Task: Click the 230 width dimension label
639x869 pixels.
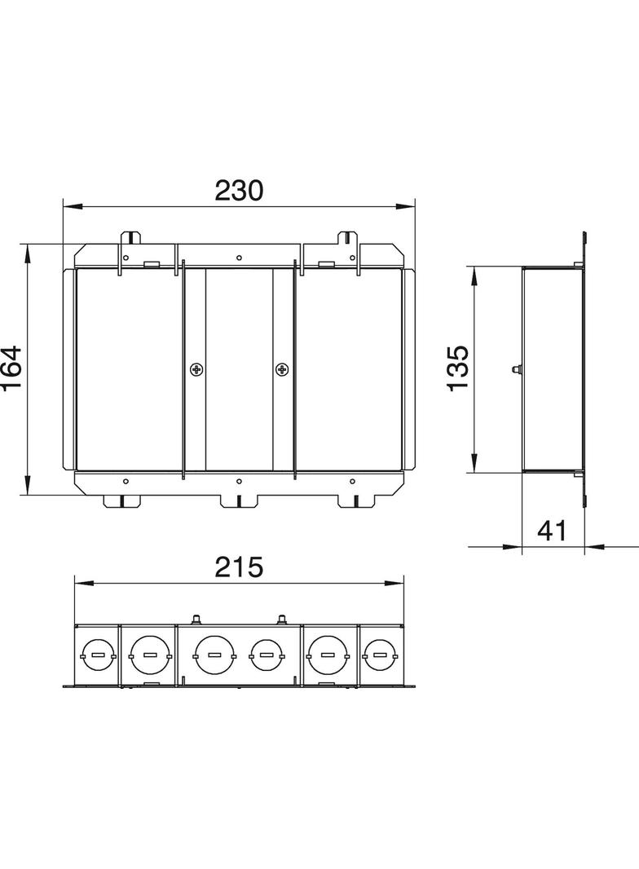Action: click(x=239, y=191)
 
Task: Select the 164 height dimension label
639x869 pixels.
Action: click(x=11, y=368)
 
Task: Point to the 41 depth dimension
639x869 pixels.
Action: click(x=552, y=531)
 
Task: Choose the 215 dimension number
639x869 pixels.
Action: click(x=239, y=567)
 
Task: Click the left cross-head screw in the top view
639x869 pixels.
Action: click(x=196, y=369)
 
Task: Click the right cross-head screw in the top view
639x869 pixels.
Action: click(x=283, y=369)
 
